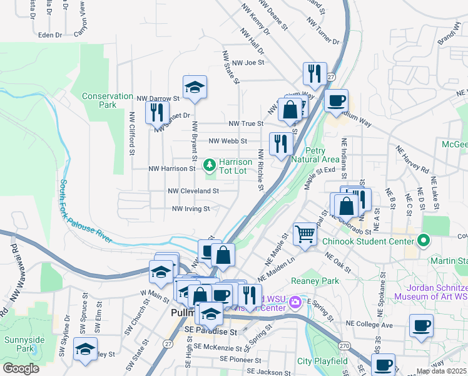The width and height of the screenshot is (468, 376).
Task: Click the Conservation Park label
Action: (x=108, y=100)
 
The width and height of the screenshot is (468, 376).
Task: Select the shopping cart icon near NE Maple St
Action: (x=305, y=234)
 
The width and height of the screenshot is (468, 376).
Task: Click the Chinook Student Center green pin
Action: (x=424, y=241)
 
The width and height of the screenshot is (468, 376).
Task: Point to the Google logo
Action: (x=21, y=368)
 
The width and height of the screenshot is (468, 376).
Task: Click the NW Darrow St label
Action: (x=158, y=98)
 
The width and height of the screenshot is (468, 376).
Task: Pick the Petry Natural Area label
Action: (x=323, y=155)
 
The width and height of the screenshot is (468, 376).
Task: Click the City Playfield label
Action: (x=322, y=361)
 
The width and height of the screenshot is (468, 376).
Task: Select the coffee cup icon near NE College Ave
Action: (x=421, y=326)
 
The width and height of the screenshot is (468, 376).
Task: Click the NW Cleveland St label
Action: (x=193, y=191)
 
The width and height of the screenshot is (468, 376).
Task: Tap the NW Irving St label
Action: (x=190, y=209)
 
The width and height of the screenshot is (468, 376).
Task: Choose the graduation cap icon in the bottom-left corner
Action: (x=85, y=350)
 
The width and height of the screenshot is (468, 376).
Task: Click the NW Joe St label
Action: (x=248, y=63)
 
